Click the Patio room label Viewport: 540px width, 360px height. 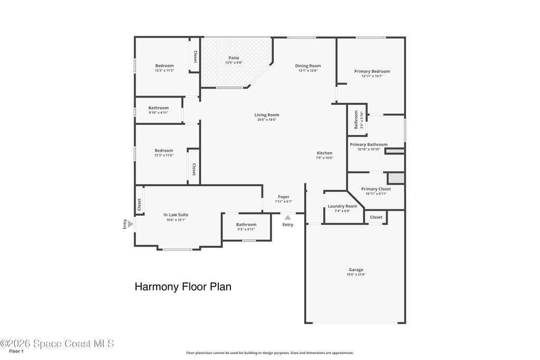pyautogui.click(x=234, y=58)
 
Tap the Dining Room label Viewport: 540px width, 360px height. pyautogui.click(x=308, y=66)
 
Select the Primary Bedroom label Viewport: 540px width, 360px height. pyautogui.click(x=372, y=71)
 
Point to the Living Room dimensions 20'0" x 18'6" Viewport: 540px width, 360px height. pyautogui.click(x=267, y=120)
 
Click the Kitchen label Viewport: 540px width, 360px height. pyautogui.click(x=324, y=153)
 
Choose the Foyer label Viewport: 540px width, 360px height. pyautogui.click(x=284, y=197)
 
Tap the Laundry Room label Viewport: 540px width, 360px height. pyautogui.click(x=342, y=206)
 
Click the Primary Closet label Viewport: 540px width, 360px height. pyautogui.click(x=376, y=189)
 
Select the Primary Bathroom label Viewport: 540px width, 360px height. pyautogui.click(x=369, y=144)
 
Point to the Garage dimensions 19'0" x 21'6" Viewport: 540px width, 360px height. pyautogui.click(x=356, y=275)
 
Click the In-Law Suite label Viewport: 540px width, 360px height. pyautogui.click(x=176, y=215)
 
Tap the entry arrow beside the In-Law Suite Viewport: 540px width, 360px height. pyautogui.click(x=131, y=224)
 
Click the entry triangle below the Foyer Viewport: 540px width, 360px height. pyautogui.click(x=287, y=217)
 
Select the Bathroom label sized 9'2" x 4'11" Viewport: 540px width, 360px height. pyautogui.click(x=246, y=225)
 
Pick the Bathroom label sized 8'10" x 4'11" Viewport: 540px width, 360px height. pyautogui.click(x=158, y=108)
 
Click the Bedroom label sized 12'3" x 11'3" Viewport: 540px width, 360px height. pyautogui.click(x=165, y=66)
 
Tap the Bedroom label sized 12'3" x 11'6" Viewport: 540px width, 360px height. pyautogui.click(x=164, y=150)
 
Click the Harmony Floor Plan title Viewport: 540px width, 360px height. pyautogui.click(x=183, y=287)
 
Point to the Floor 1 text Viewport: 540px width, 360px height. pyautogui.click(x=16, y=352)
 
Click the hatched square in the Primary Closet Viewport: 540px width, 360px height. pyautogui.click(x=396, y=178)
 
